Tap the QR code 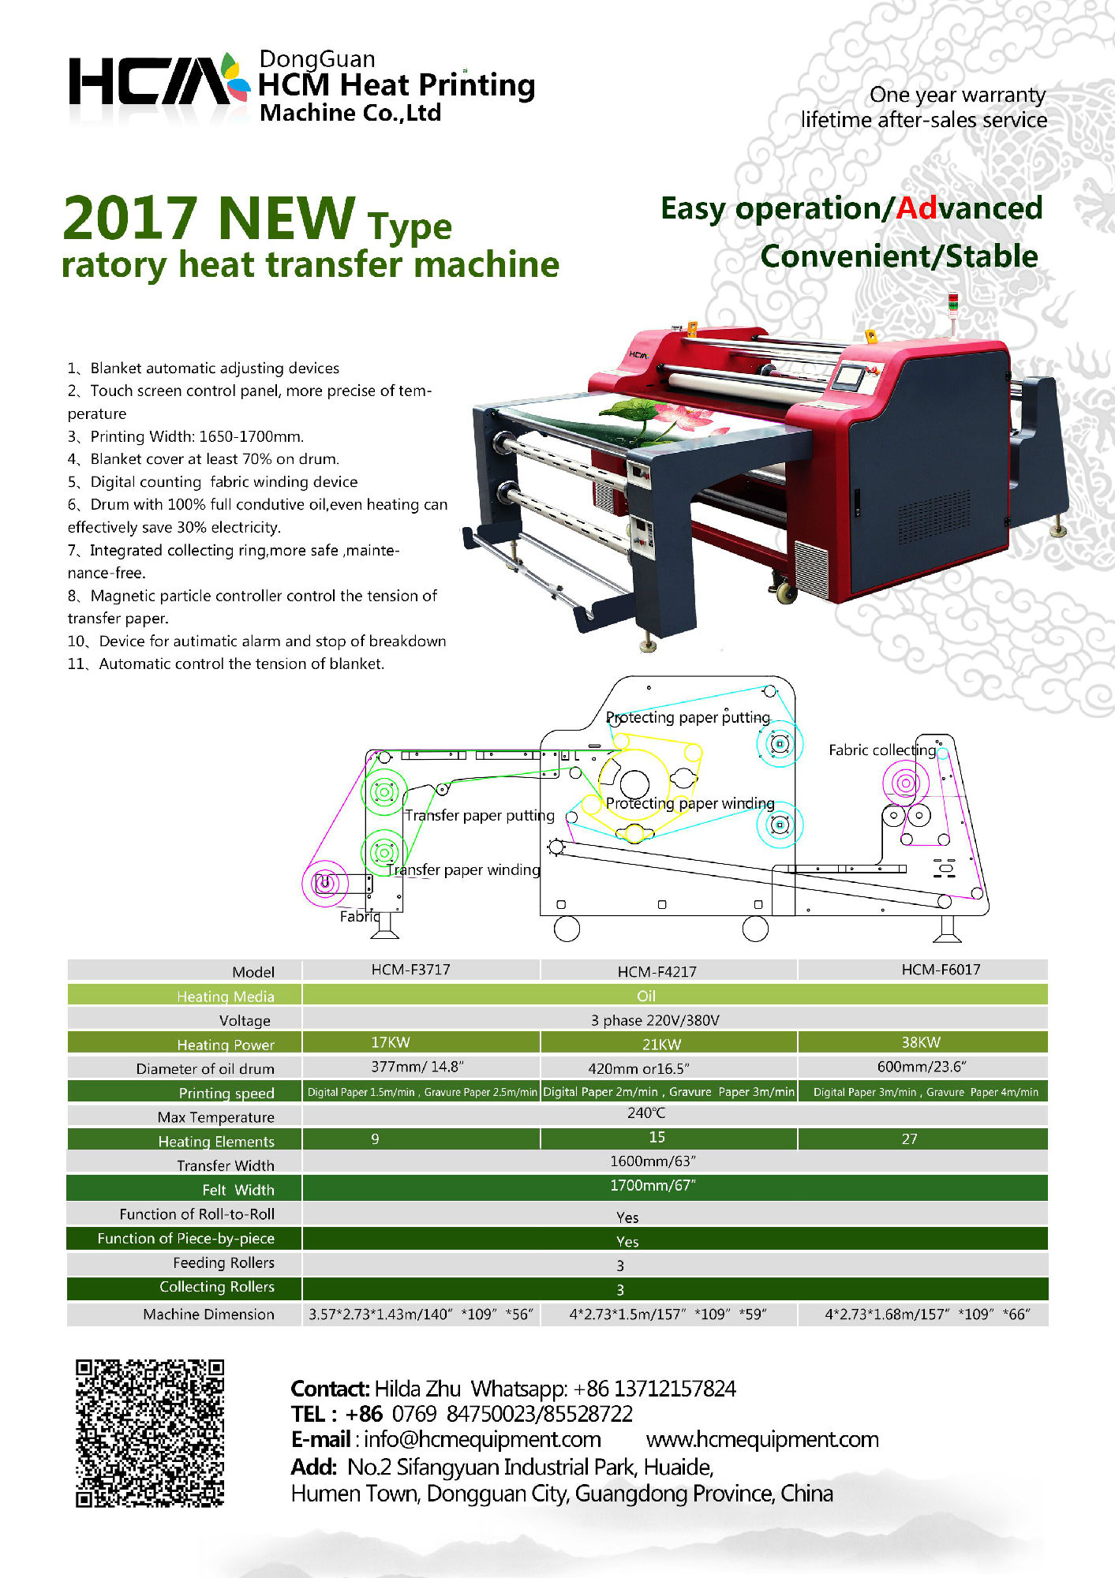[150, 1433]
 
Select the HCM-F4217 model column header [657, 971]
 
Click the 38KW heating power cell [921, 1042]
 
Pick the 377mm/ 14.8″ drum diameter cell [417, 1067]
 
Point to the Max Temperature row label [215, 1117]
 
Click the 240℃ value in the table [646, 1113]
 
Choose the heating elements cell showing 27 [909, 1139]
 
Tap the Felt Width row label [238, 1190]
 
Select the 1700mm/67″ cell [653, 1185]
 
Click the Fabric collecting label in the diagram [882, 750]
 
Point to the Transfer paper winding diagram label [463, 869]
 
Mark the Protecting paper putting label [688, 717]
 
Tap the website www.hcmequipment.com [762, 1439]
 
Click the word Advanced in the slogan [969, 208]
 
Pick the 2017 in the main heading [130, 218]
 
